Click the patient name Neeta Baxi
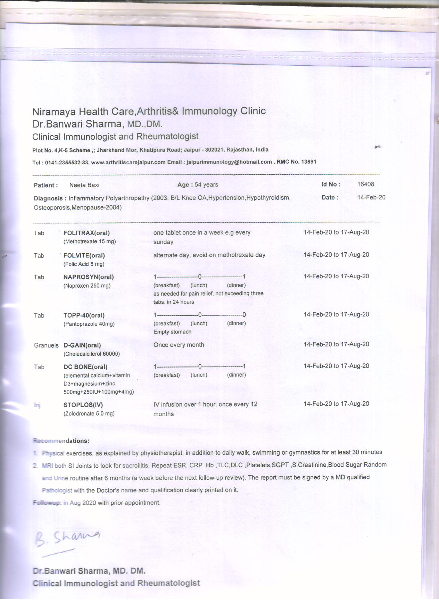point(84,185)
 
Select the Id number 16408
point(365,184)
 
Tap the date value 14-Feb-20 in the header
point(371,197)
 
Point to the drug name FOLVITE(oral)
point(84,255)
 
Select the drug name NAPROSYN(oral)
point(89,277)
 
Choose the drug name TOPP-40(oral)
point(84,315)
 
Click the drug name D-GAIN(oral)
point(82,345)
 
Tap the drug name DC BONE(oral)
point(85,367)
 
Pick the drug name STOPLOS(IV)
point(83,405)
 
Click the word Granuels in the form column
point(46,345)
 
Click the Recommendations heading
point(61,441)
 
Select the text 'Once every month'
point(179,345)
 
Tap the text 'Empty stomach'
point(172,332)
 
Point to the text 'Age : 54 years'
point(198,184)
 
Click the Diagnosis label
point(48,198)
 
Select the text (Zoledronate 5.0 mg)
point(89,414)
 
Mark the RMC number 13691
point(296,162)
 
